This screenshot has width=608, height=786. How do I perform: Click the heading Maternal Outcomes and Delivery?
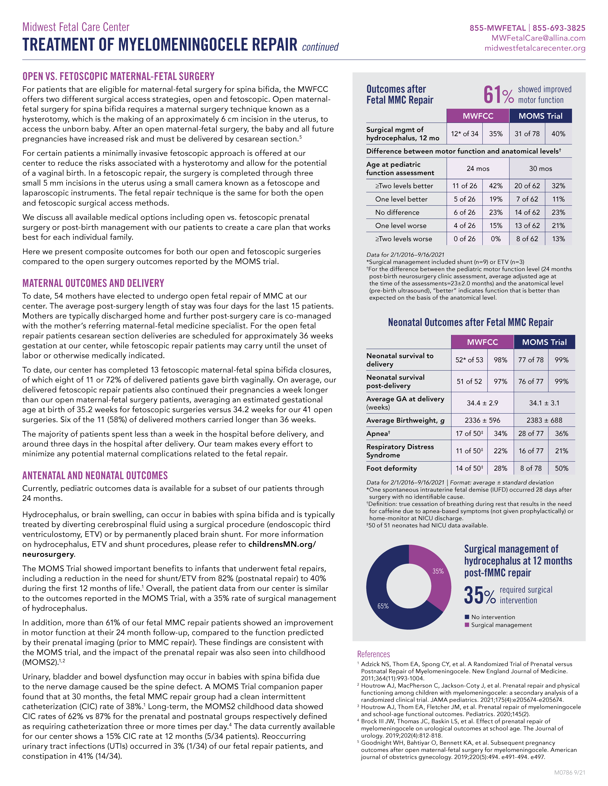pos(93,283)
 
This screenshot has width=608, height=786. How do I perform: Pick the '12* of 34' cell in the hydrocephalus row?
pos(465,134)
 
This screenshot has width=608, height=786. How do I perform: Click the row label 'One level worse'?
pos(401,226)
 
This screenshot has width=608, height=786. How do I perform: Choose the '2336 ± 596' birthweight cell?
pos(482,420)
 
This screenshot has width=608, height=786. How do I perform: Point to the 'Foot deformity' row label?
pos(392,468)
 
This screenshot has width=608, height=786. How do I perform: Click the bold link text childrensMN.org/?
pos(282,544)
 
